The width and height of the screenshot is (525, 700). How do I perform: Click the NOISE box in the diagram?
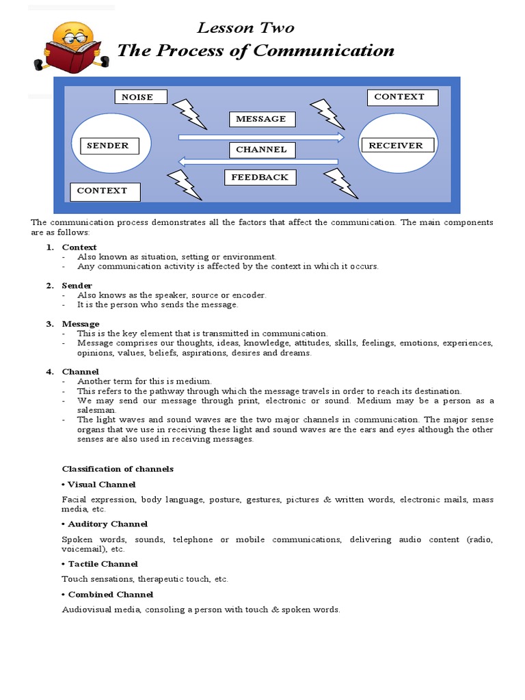140,97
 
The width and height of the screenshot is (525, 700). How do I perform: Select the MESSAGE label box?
261,119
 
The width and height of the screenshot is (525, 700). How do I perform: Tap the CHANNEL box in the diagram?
261,150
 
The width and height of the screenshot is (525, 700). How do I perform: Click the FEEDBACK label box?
260,178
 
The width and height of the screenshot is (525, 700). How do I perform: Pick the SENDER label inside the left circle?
108,146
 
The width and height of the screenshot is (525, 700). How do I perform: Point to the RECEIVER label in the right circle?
396,146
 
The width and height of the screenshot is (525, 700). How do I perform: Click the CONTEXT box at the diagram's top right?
399,97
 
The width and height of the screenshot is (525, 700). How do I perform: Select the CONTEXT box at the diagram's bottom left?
105,191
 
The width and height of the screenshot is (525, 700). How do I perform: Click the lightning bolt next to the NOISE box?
188,113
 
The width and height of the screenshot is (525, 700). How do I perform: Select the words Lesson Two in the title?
245,27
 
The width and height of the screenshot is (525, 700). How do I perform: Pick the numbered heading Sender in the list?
77,285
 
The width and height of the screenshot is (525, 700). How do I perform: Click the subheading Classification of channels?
118,469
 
